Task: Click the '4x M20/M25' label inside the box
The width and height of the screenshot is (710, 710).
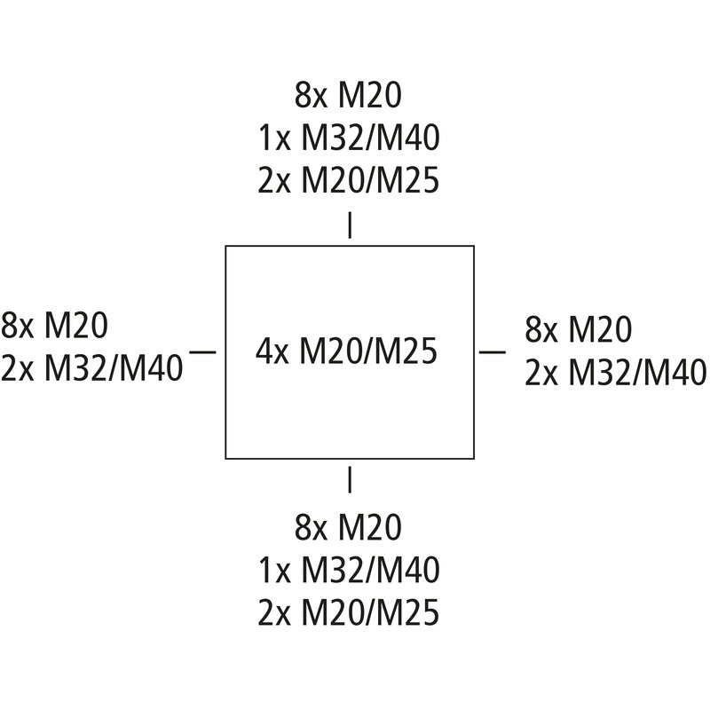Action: [346, 351]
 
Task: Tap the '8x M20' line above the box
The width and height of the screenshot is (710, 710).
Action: [348, 95]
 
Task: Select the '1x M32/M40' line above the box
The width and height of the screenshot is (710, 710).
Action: [349, 138]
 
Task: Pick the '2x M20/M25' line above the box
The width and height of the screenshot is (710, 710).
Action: [349, 180]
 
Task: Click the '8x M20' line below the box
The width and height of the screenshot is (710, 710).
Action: [348, 526]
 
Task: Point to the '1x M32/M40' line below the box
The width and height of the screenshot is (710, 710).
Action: [349, 570]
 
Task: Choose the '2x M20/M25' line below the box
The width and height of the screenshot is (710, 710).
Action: [349, 612]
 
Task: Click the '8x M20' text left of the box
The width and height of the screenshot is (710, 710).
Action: [54, 325]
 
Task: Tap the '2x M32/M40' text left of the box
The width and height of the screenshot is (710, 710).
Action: [92, 367]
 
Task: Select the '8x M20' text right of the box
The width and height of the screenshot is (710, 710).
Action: [579, 329]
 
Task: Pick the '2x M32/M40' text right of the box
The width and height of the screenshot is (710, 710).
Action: [615, 372]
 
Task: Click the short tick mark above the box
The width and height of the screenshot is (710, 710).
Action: [350, 225]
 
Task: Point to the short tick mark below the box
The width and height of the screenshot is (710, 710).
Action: [350, 479]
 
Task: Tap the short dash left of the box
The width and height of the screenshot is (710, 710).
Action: [203, 351]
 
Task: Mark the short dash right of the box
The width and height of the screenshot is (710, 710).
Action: [493, 351]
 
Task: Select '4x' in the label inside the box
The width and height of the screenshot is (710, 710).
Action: [272, 351]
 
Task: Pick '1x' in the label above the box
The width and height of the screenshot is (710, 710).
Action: [274, 138]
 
